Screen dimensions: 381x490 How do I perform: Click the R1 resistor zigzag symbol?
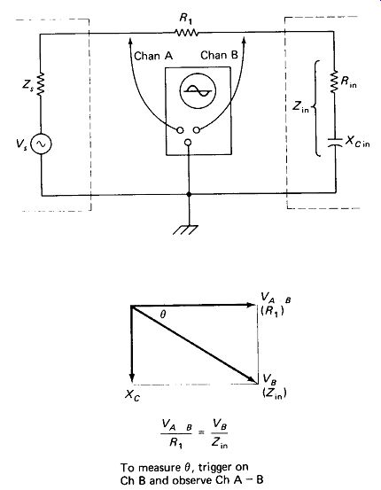pyautogui.click(x=186, y=33)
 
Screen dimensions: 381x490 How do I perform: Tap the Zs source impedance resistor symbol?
pyautogui.click(x=41, y=84)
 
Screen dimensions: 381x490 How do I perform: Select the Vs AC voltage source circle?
pyautogui.click(x=41, y=144)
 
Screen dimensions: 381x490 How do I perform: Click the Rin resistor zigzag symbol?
pyautogui.click(x=334, y=82)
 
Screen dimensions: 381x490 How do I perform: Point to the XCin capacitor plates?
pyautogui.click(x=335, y=142)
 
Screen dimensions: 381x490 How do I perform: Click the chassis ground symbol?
pyautogui.click(x=186, y=229)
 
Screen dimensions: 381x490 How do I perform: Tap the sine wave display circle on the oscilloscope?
pyautogui.click(x=198, y=90)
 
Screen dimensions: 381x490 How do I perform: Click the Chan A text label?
pyautogui.click(x=153, y=56)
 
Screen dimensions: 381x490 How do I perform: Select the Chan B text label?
pyautogui.click(x=219, y=55)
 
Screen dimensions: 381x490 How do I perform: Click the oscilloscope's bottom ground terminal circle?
pyautogui.click(x=188, y=143)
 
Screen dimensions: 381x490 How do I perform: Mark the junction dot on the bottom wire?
pyautogui.click(x=189, y=194)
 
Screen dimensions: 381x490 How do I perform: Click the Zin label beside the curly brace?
pyautogui.click(x=300, y=106)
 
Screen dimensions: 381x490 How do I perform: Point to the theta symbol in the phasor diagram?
pyautogui.click(x=162, y=315)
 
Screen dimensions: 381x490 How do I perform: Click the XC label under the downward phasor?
pyautogui.click(x=133, y=395)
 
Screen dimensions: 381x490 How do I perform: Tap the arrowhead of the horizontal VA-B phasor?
pyautogui.click(x=251, y=305)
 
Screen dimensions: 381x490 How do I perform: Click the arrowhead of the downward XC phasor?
pyautogui.click(x=132, y=377)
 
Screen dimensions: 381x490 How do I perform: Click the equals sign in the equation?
pyautogui.click(x=202, y=432)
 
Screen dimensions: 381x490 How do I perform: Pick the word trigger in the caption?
pyautogui.click(x=219, y=468)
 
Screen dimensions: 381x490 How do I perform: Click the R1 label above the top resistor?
pyautogui.click(x=186, y=19)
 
